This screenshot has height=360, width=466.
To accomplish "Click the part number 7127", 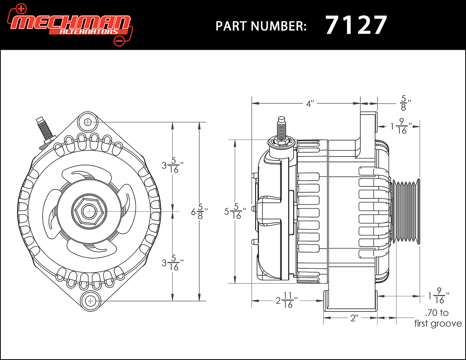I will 356,25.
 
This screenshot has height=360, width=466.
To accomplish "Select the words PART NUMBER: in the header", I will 261,26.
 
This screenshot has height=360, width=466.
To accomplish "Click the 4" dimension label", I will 310,104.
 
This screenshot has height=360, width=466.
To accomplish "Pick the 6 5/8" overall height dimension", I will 199,212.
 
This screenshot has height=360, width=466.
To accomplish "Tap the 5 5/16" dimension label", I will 235,212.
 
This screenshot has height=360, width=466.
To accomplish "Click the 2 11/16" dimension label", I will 287,300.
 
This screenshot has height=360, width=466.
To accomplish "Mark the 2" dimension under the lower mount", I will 354,318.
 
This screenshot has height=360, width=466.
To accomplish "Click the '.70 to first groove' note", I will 438,318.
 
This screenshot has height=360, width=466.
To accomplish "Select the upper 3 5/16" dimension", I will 172,165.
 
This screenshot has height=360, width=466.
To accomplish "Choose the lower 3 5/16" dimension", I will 172,263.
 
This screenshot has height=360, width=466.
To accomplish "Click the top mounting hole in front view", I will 87,122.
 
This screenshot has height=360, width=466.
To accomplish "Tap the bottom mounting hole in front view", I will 91,301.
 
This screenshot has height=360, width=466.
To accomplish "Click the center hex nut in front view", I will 89,211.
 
